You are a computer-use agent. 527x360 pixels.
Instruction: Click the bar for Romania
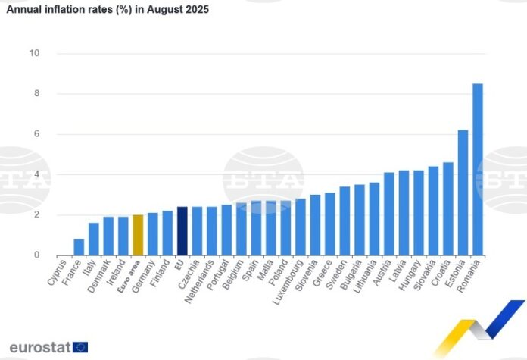click(478, 170)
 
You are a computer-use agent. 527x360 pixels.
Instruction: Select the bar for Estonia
click(463, 193)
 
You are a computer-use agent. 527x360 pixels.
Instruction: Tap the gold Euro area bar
click(138, 235)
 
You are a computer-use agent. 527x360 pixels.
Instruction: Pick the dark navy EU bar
click(182, 231)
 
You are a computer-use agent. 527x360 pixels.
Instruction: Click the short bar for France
click(79, 247)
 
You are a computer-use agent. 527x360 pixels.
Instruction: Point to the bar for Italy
click(93, 239)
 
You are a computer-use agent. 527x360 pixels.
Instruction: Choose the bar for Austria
click(389, 214)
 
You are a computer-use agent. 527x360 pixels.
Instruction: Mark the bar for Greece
click(330, 224)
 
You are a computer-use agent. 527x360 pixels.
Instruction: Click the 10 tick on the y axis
click(34, 53)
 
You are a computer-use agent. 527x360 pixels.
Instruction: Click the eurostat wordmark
click(39, 347)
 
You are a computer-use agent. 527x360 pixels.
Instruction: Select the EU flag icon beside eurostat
click(80, 347)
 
